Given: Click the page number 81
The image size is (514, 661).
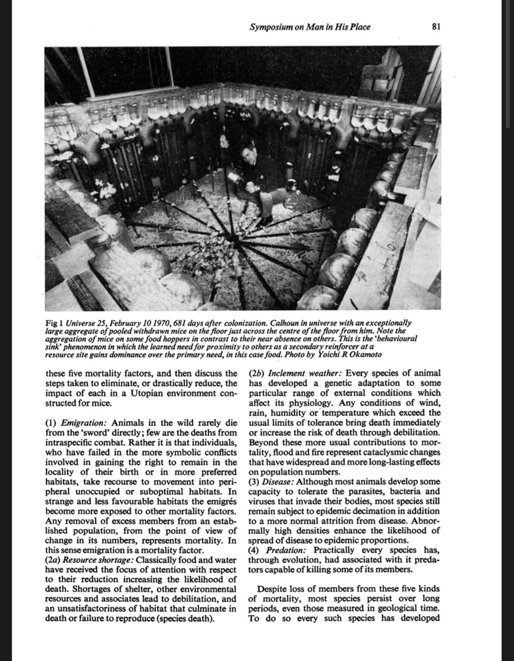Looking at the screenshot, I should (435, 27).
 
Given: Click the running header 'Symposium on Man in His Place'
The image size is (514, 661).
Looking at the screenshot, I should (310, 27).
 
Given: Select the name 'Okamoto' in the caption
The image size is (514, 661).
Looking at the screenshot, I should (367, 355).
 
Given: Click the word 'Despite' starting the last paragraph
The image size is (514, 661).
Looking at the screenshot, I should (273, 588).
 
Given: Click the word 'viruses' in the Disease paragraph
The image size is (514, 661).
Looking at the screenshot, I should (262, 501).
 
